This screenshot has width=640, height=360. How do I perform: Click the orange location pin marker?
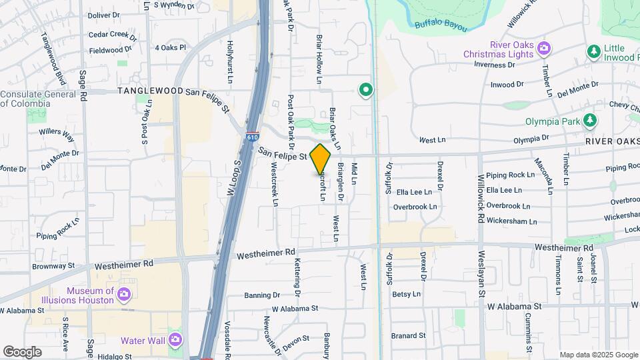point(321,159)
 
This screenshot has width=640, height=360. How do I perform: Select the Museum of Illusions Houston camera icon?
point(123,294)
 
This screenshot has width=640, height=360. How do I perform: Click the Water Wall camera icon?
point(175,340)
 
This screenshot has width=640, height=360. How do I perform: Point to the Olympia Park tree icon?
point(589,121)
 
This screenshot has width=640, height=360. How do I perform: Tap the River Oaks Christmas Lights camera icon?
point(544,48)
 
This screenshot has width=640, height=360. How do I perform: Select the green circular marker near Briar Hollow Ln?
point(365,89)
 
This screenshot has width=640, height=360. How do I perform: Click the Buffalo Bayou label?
point(437,25)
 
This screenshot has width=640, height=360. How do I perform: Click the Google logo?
point(22,351)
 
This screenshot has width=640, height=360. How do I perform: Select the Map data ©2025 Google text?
point(598,355)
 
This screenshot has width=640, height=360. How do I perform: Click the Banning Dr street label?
point(262,295)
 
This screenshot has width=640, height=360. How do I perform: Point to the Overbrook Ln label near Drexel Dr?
point(415,207)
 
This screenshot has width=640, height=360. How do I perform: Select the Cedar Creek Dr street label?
point(112,33)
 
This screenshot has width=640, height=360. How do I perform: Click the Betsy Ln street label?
point(406,294)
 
